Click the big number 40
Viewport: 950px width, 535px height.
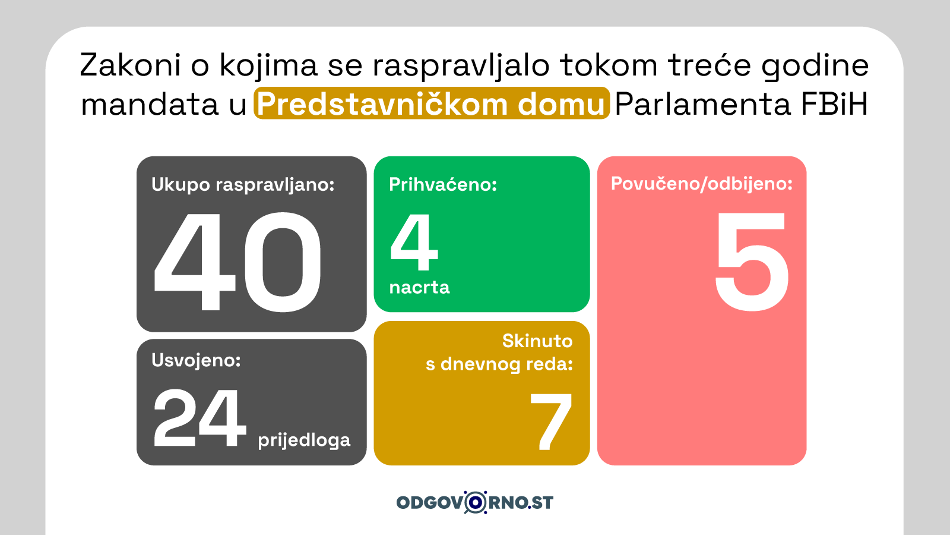pos(237,262)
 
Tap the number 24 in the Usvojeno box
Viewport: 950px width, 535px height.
pos(199,418)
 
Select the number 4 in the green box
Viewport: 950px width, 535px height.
pos(413,242)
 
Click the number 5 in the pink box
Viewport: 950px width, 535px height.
pos(752,262)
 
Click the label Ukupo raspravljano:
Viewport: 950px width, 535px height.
pos(243,185)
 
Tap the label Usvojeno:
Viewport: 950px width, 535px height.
pos(196,360)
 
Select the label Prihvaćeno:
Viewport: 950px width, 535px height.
pos(443,185)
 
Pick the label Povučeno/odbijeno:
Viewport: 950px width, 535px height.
pos(701,184)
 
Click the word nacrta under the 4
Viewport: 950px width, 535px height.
pos(419,288)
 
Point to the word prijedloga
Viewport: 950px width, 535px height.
pos(304,440)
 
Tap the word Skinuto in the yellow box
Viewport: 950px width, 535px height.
pos(537,341)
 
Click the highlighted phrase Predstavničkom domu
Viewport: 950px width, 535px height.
pos(431,103)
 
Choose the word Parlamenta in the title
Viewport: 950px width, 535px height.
pos(702,104)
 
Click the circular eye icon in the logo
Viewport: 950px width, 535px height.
pos(476,502)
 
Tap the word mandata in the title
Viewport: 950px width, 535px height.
pos(149,104)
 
